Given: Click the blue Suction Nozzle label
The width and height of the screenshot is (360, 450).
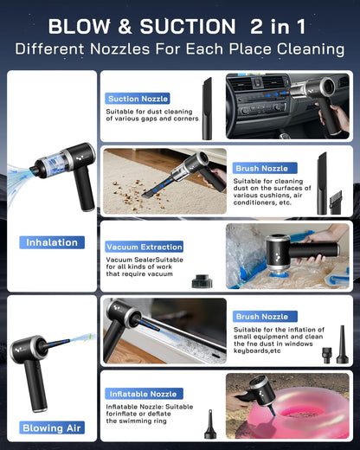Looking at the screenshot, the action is (138, 99).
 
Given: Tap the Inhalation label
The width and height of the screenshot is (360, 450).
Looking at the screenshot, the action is (52, 242).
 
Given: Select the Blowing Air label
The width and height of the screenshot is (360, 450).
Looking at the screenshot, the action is (52, 427).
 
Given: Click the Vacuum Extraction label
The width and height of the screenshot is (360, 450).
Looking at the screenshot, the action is (144, 247).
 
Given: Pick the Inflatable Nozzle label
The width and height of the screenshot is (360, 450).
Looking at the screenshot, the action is (144, 394).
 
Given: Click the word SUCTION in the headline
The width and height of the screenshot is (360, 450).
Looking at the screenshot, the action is (188, 26).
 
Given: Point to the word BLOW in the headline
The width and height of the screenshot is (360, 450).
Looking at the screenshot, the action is (80, 26).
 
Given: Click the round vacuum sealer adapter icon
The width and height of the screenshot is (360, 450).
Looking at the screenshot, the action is (202, 281).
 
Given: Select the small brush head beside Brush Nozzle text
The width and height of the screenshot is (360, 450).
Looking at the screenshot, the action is (336, 202).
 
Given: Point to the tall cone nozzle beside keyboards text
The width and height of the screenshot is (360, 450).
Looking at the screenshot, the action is (343, 344).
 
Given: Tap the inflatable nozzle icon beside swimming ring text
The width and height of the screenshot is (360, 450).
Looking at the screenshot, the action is (210, 424).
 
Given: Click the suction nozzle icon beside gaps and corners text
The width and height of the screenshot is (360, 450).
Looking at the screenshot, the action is (207, 108).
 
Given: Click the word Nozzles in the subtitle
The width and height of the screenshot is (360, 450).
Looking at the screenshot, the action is (119, 49).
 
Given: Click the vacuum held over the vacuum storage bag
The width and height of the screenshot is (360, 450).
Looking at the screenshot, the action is (300, 253).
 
